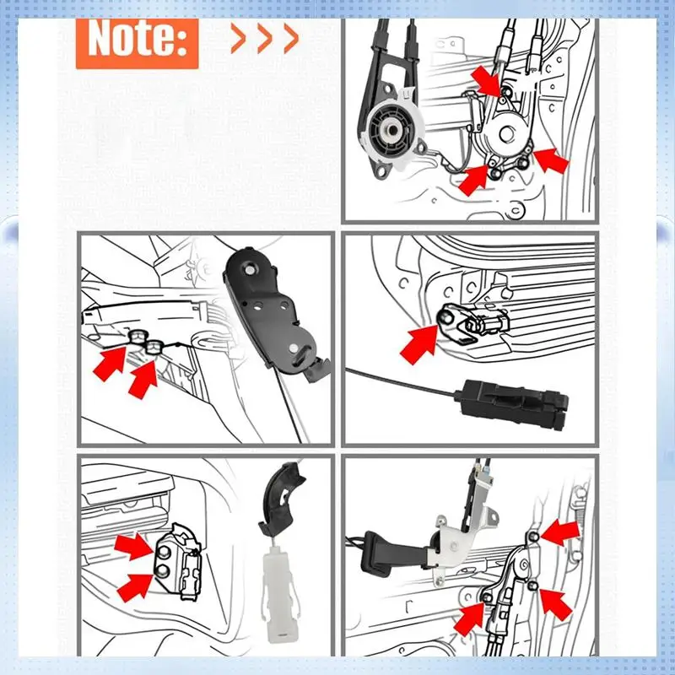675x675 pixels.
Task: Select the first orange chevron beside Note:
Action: click(x=240, y=39)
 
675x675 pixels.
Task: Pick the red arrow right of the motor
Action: click(x=551, y=159)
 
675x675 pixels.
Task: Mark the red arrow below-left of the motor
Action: click(x=473, y=180)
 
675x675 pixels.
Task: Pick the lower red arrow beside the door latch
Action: click(x=135, y=586)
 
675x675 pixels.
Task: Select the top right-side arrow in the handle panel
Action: click(x=561, y=532)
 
